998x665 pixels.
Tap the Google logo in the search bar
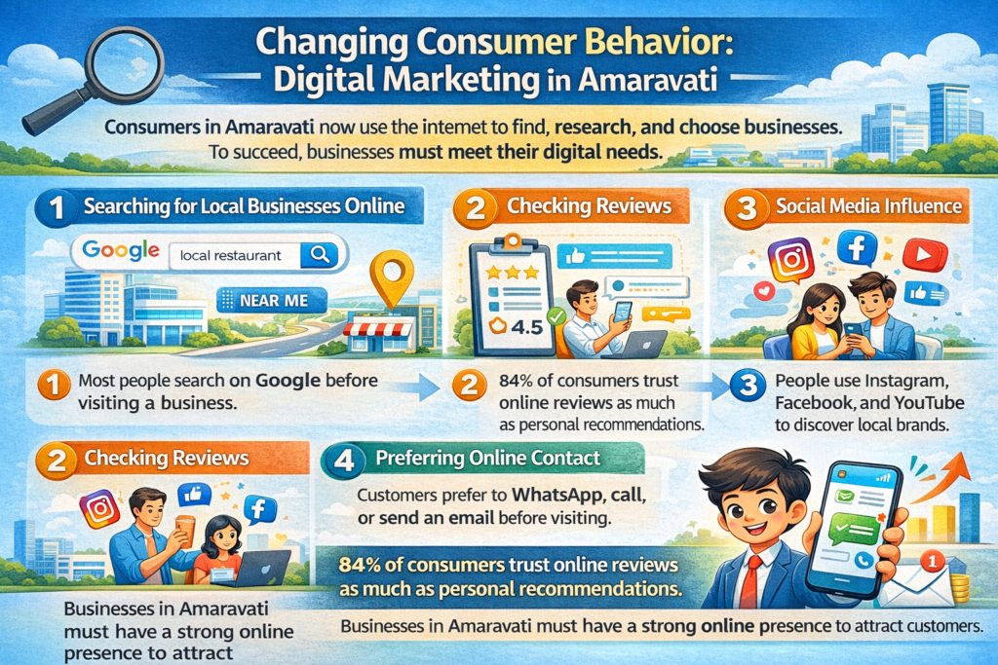(121, 251)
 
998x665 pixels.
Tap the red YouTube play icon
(924, 255)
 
